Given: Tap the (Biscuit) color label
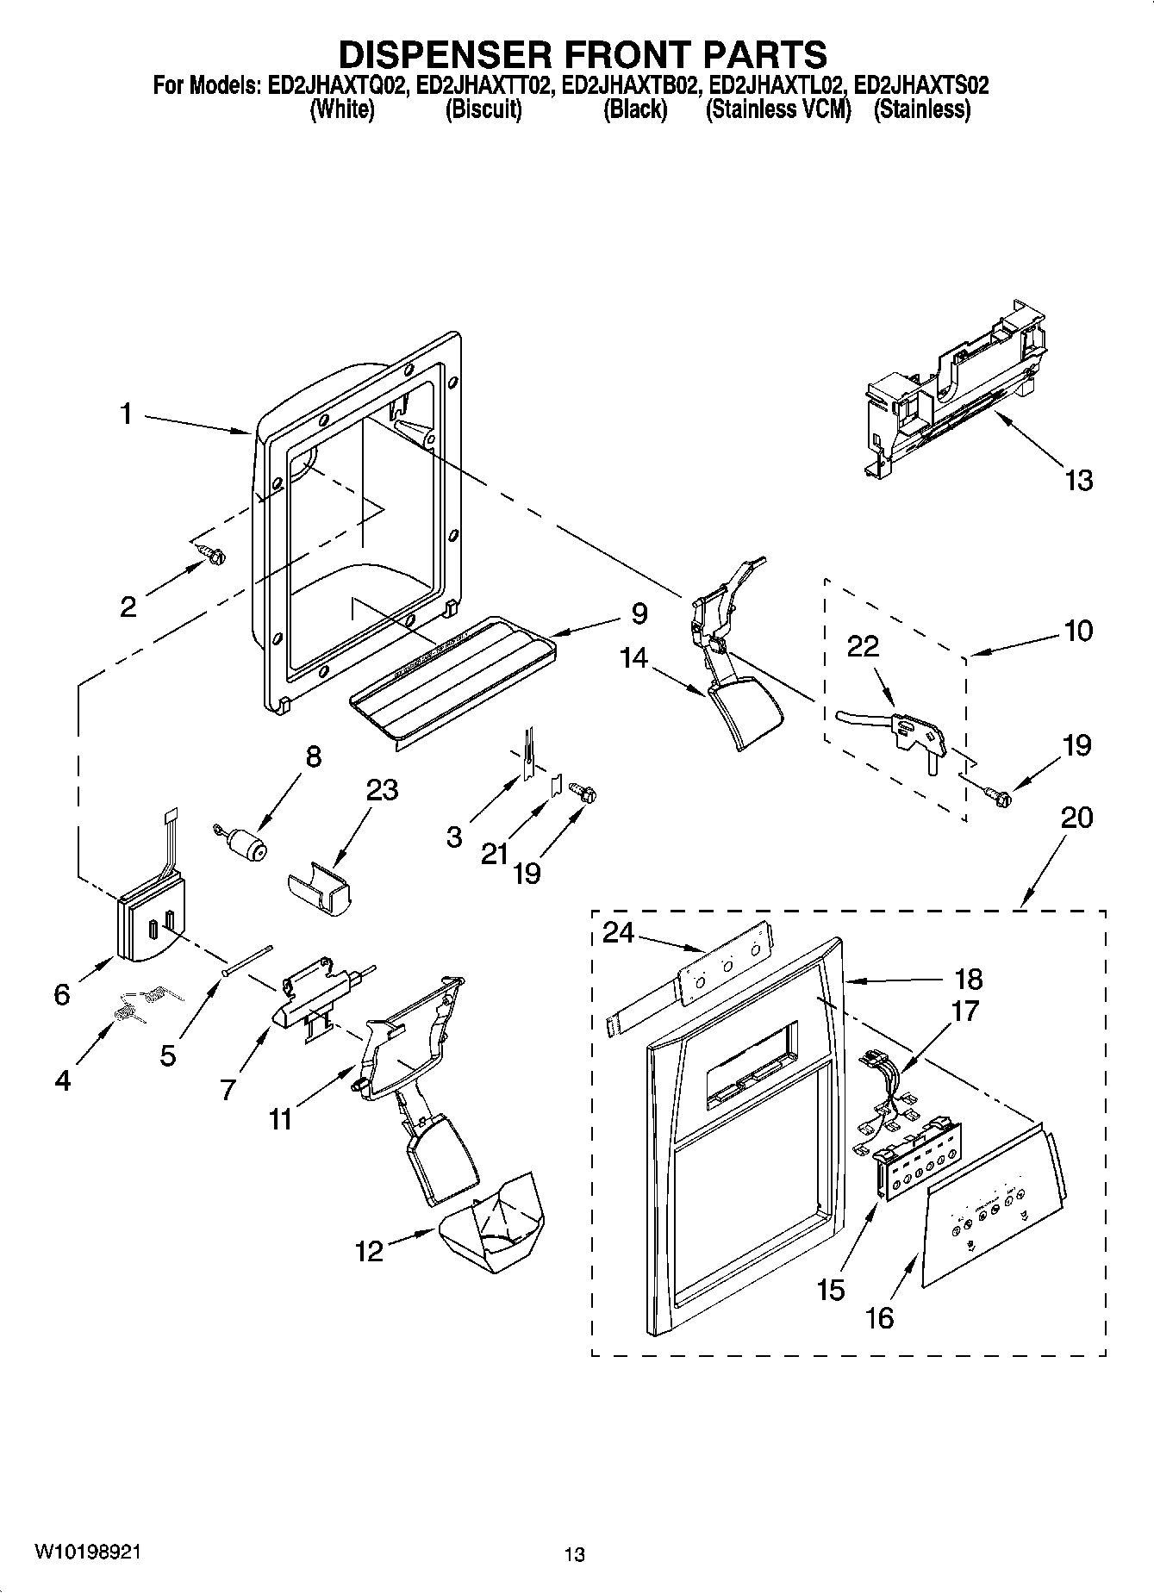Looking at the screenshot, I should click(x=483, y=109).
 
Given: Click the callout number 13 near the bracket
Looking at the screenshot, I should click(x=1078, y=480).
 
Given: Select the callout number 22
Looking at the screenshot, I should click(x=863, y=646).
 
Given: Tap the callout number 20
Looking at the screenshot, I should click(x=1076, y=817).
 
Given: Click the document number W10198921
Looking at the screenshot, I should click(x=87, y=1552).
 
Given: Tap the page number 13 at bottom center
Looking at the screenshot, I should click(x=575, y=1554).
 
